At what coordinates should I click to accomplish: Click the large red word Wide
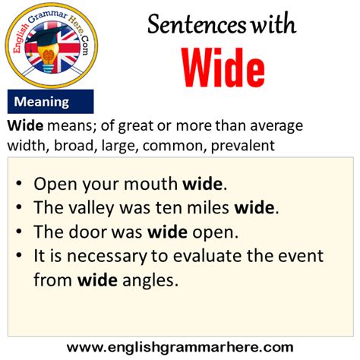(x=223, y=68)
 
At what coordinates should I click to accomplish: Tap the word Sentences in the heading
(x=197, y=24)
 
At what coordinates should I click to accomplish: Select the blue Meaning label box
(x=50, y=102)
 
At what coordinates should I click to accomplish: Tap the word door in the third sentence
(x=87, y=232)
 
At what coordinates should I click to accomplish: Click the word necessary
(x=106, y=257)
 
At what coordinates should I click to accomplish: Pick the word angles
(x=150, y=281)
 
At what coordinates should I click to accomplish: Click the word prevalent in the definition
(x=243, y=146)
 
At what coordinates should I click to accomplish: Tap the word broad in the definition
(x=74, y=146)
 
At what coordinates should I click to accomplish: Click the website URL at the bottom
(x=180, y=347)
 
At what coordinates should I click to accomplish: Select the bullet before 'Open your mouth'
(x=18, y=183)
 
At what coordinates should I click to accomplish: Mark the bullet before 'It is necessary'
(x=18, y=255)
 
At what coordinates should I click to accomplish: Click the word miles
(x=208, y=207)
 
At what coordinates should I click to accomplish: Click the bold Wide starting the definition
(x=25, y=125)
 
